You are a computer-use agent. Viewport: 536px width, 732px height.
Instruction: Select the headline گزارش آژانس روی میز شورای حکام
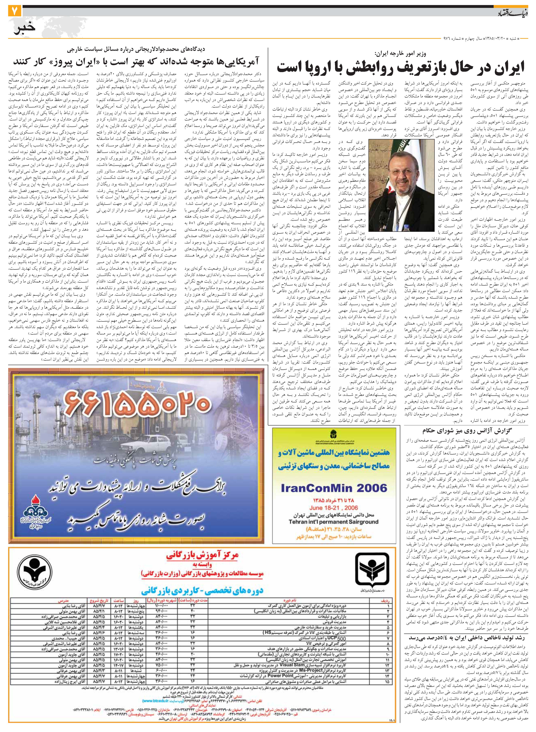point(463,431)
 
